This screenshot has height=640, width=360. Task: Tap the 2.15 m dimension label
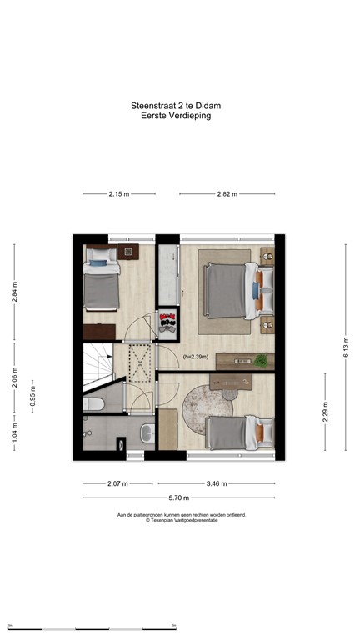(119, 194)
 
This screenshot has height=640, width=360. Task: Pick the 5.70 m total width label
(180, 498)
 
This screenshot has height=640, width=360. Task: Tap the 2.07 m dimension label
(117, 483)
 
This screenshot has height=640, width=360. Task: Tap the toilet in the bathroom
(94, 404)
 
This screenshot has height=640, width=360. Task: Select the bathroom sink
(147, 432)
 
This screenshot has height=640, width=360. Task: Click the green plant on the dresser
(262, 360)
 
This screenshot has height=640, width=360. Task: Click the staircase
(98, 367)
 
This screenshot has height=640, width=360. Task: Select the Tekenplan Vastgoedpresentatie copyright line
(181, 520)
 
